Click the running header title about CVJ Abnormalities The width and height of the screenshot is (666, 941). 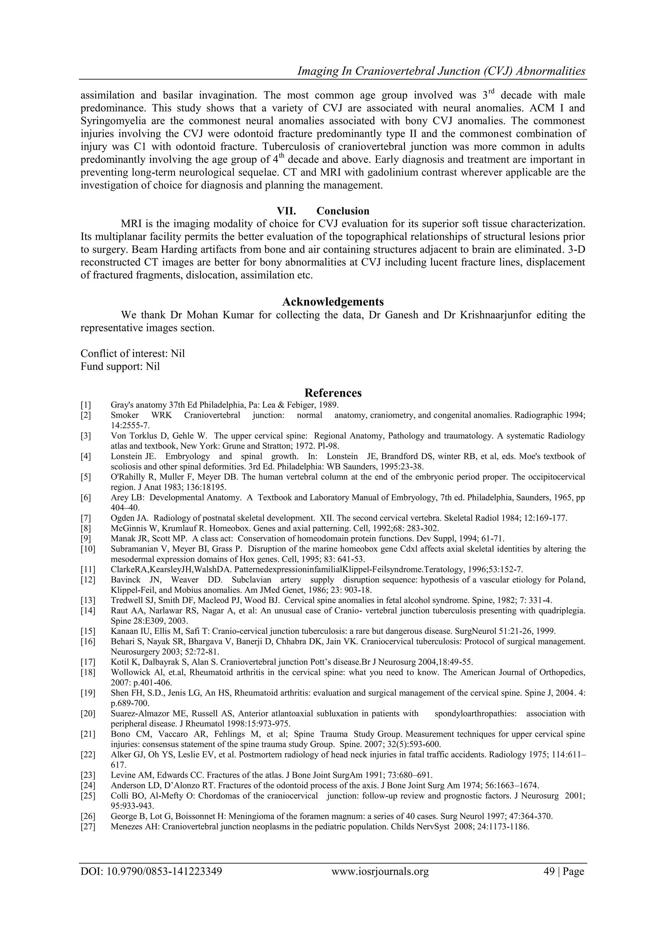(x=441, y=71)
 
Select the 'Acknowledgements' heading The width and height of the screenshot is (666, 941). (x=333, y=302)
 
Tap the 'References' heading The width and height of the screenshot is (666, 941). (x=333, y=393)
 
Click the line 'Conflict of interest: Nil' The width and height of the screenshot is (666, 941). (x=132, y=353)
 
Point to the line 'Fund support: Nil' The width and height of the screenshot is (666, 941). (x=120, y=366)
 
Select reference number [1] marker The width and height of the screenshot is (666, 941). (x=86, y=405)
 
